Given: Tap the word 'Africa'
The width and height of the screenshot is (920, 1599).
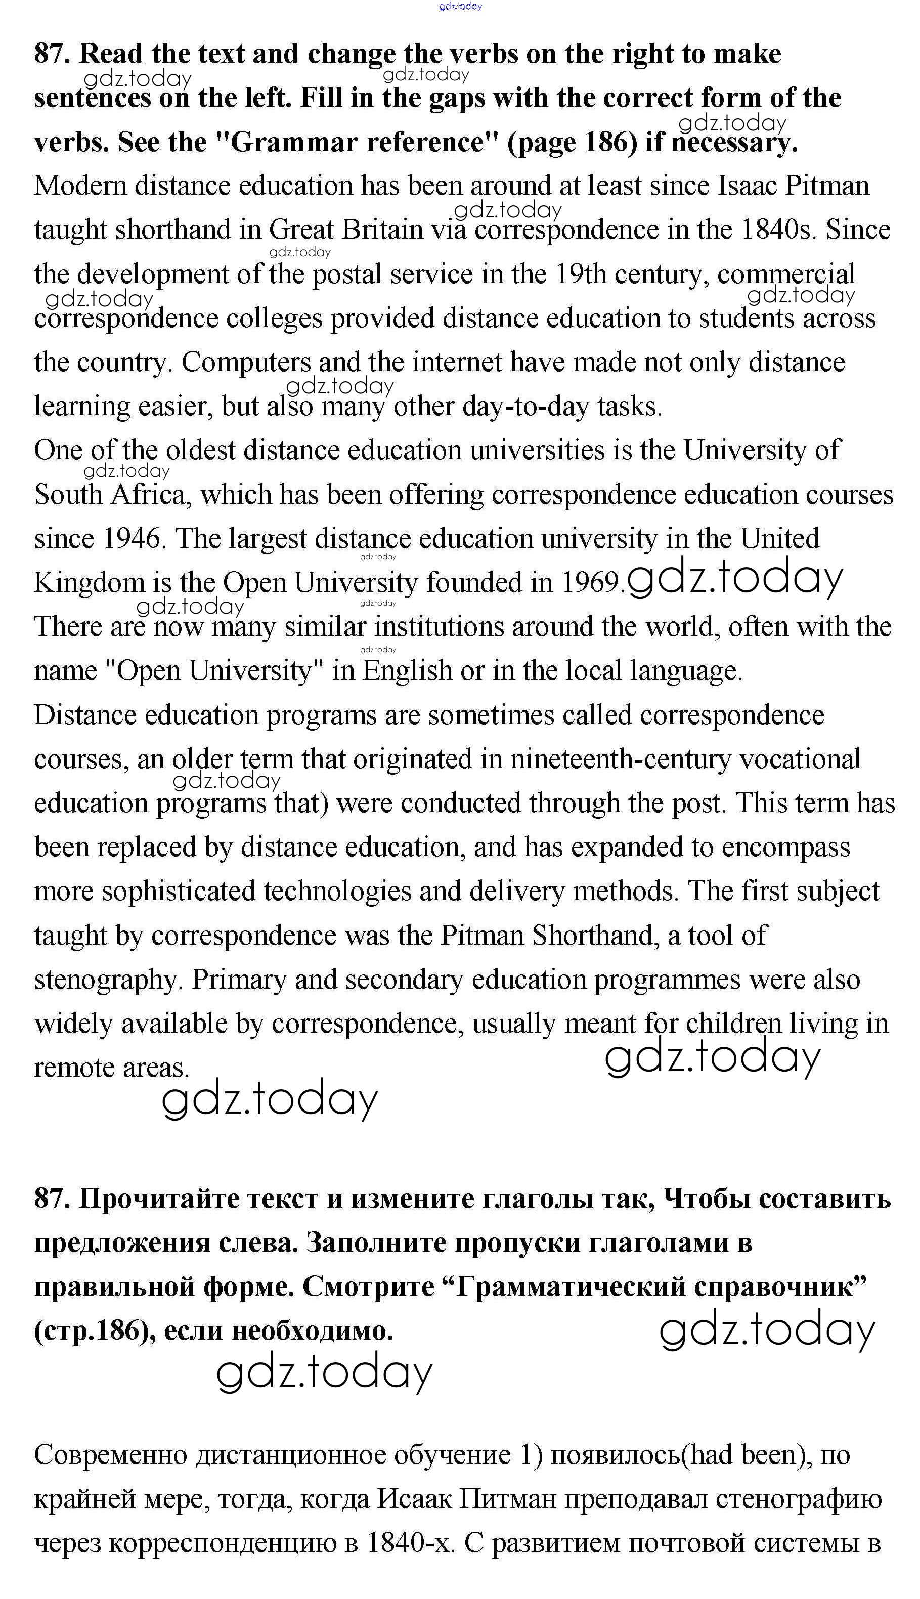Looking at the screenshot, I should pos(150,495).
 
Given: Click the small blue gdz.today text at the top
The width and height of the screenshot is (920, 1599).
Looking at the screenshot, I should pos(461,6).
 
